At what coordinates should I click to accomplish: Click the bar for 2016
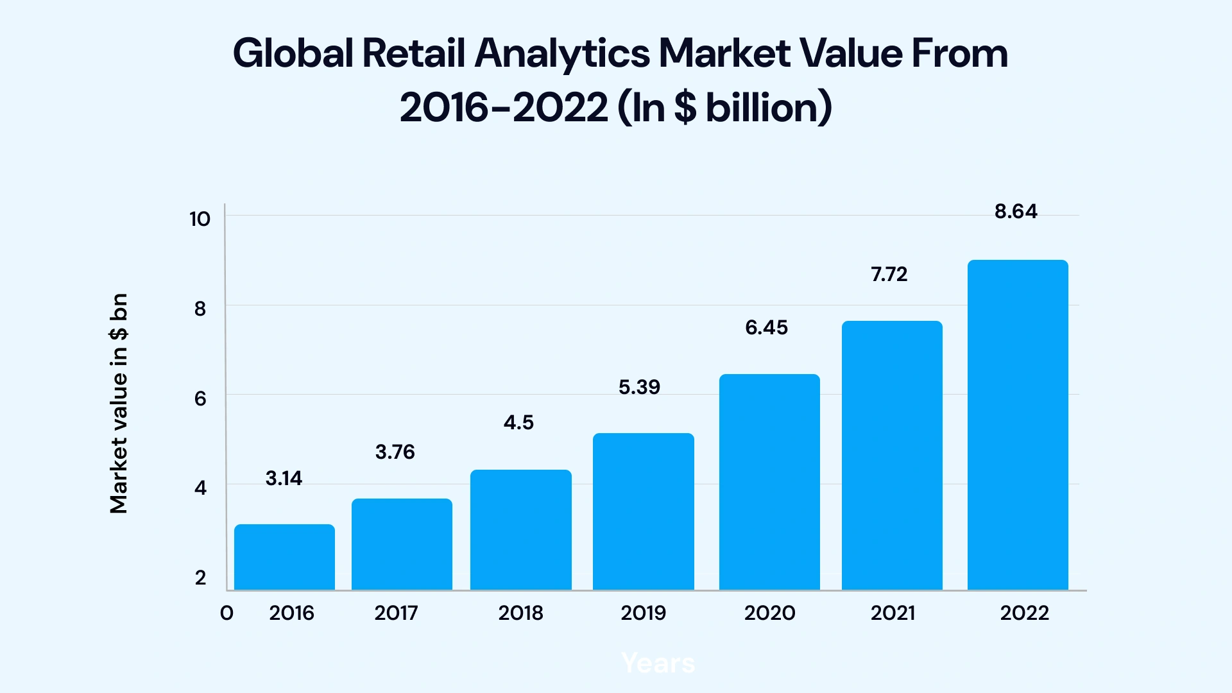point(284,557)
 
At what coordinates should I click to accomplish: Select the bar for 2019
point(643,511)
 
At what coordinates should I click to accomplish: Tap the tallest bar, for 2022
point(1018,425)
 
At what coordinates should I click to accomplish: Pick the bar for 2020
point(769,482)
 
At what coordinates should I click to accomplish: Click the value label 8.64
point(1016,212)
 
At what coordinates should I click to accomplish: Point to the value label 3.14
point(284,479)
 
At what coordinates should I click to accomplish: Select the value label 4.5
point(518,423)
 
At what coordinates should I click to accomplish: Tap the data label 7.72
point(889,275)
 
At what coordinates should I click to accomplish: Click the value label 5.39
point(639,388)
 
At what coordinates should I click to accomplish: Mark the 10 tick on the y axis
point(200,219)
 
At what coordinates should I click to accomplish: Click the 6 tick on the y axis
point(200,399)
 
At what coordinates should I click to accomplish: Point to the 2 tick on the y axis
point(200,578)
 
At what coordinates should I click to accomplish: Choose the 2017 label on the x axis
point(396,613)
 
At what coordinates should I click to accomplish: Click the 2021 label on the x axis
point(893,613)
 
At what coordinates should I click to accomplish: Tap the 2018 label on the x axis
point(520,613)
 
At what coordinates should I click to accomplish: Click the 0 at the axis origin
point(227,613)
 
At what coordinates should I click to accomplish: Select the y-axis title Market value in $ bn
point(119,404)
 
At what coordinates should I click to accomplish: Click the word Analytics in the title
point(562,53)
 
